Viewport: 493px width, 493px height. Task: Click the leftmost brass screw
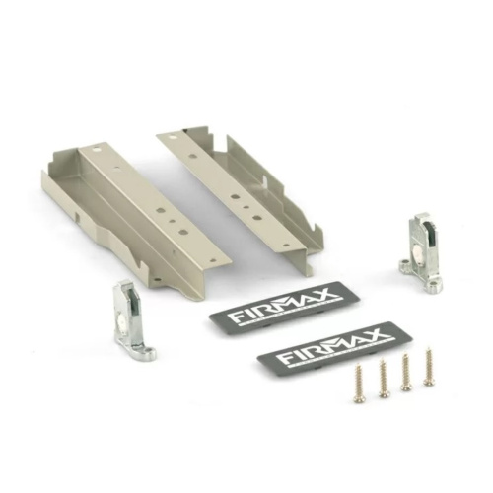pos(357,384)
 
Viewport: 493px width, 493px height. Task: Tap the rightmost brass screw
pos(428,366)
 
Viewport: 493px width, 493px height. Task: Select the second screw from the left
pos(383,378)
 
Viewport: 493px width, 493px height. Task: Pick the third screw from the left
pos(406,372)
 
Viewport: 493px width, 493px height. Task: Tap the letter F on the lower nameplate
pos(283,358)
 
